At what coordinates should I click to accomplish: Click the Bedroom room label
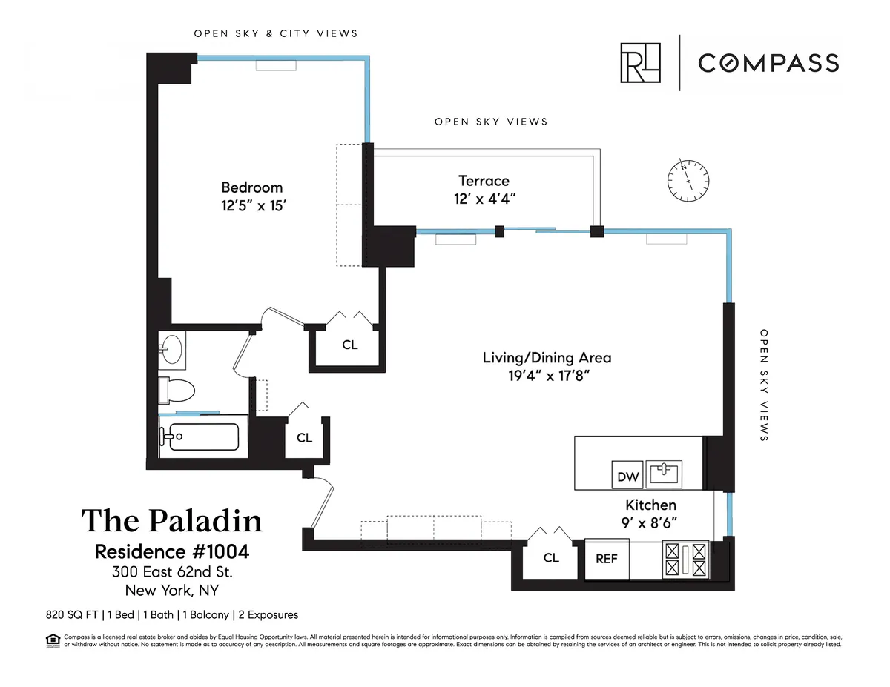coord(251,187)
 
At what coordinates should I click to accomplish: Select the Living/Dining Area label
coord(547,357)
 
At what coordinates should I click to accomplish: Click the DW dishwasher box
coord(628,477)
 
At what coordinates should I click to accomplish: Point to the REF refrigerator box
coord(607,559)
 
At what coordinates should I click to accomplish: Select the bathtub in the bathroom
coord(200,437)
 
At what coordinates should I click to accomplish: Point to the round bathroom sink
coord(174,349)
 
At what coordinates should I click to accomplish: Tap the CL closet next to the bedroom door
coord(349,345)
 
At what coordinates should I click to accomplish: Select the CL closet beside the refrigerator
coord(550,558)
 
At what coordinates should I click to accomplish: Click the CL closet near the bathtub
coord(304,438)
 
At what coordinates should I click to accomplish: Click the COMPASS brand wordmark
coord(768,63)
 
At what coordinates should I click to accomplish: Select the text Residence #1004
coord(171,552)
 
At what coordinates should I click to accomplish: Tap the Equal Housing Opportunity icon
coord(53,640)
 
